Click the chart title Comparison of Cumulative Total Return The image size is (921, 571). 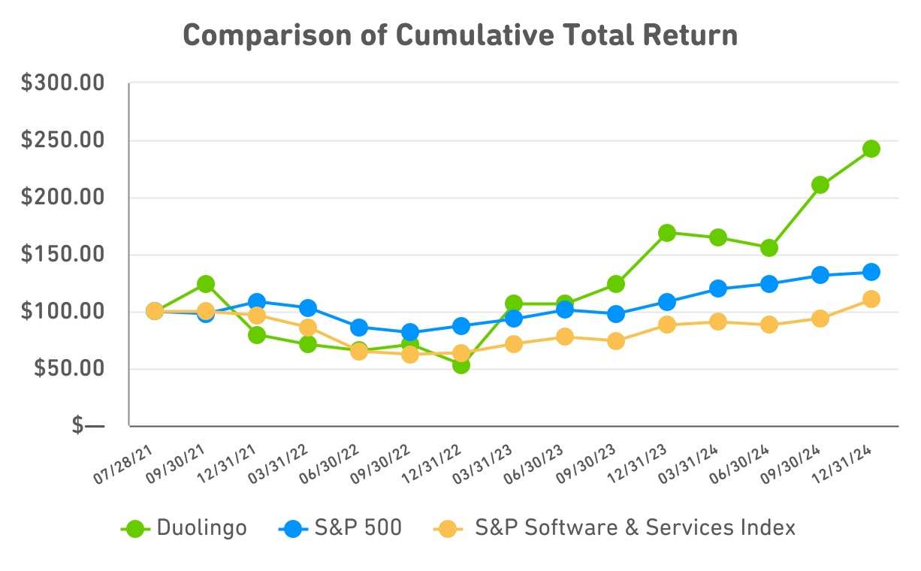click(460, 35)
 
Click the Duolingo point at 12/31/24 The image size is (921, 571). click(871, 149)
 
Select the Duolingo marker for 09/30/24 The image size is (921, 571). click(820, 185)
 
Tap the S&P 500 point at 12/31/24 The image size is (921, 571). click(871, 272)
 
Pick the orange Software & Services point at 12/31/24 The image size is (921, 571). click(871, 299)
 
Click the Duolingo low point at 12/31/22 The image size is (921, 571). click(461, 364)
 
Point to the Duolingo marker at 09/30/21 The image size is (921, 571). click(206, 284)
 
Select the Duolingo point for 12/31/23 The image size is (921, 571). click(666, 233)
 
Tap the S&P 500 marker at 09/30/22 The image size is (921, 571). click(410, 332)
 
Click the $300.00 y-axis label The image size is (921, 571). click(62, 83)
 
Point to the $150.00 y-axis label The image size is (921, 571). click(62, 255)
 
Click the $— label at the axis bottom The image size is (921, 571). click(89, 426)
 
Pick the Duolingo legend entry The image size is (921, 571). click(184, 528)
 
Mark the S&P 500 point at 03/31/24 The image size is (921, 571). click(717, 289)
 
